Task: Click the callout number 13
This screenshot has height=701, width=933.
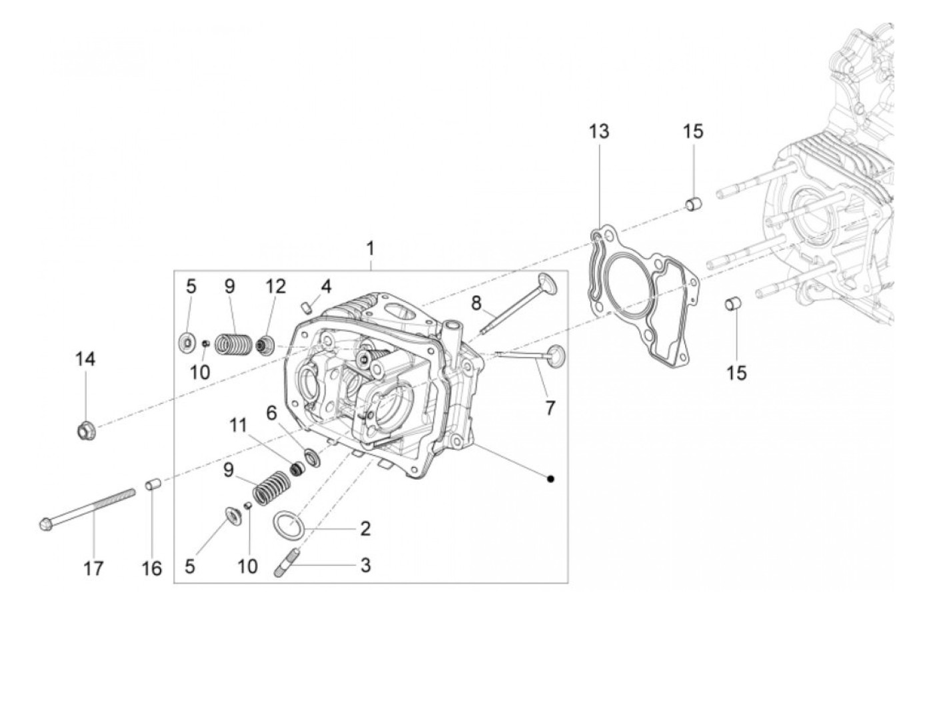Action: point(598,131)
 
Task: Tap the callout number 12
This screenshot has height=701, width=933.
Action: point(275,287)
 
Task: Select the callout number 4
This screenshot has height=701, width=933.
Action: point(326,287)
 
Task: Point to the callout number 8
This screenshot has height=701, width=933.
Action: point(476,303)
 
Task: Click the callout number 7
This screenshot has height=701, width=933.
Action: point(550,407)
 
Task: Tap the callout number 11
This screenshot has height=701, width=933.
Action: point(239,424)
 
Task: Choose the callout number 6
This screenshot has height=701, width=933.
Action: point(271,412)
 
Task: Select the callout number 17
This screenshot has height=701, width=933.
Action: point(93,568)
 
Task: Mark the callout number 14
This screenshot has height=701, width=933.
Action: point(85,359)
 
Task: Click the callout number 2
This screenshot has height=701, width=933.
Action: point(365,529)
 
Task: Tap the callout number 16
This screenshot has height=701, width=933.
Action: point(152,568)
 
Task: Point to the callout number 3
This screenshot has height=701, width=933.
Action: point(365,566)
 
